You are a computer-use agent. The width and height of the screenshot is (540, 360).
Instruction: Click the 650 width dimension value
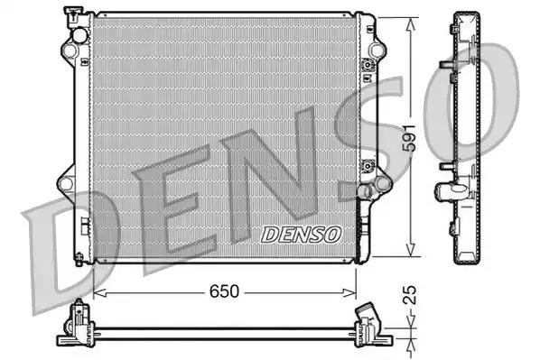pyautogui.click(x=226, y=291)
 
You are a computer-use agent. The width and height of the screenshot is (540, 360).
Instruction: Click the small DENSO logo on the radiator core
pyautogui.click(x=302, y=234)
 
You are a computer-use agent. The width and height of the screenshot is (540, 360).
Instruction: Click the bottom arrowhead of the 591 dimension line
pyautogui.click(x=412, y=254)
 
